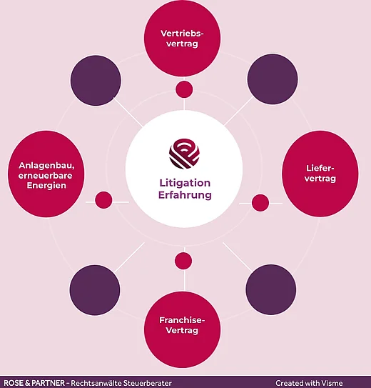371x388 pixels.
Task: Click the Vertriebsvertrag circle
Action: (182, 38)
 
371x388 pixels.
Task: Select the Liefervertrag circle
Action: (320, 174)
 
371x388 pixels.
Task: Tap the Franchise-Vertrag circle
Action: (182, 329)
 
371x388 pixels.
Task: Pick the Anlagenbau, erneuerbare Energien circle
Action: (46, 174)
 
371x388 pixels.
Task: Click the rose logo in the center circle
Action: (184, 154)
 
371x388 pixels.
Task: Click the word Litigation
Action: (185, 183)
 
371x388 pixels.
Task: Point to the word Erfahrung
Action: (185, 195)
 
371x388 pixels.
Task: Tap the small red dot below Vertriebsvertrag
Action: (184, 89)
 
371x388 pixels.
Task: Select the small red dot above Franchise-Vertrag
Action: (183, 261)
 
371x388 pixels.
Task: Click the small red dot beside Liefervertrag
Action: (260, 203)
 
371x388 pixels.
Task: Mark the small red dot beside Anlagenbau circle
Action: (103, 200)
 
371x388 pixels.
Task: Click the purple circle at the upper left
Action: (96, 81)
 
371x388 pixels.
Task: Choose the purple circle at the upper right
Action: (273, 79)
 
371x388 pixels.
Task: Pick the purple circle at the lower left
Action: (95, 290)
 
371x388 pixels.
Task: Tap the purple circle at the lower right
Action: (271, 290)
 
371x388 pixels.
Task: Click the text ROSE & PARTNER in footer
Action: (34, 383)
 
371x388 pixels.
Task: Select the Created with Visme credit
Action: (309, 383)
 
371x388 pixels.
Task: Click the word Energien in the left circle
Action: (46, 185)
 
